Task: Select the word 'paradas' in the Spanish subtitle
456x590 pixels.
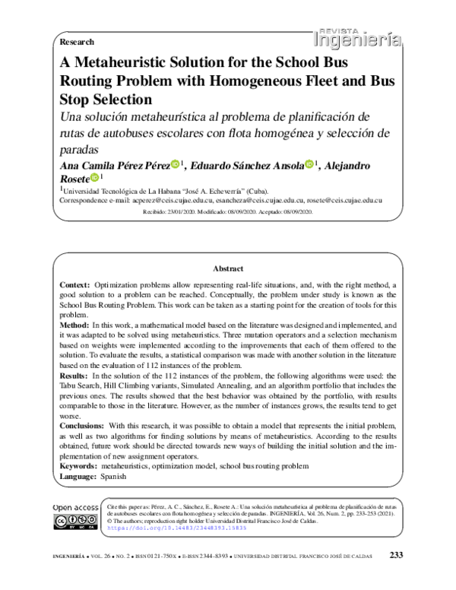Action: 80,148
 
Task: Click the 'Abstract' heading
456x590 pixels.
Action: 228,268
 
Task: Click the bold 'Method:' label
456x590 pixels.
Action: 74,325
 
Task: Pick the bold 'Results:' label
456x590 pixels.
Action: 74,376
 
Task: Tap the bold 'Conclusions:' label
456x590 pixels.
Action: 83,427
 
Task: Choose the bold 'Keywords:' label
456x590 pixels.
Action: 78,465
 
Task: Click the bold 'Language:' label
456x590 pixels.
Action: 78,475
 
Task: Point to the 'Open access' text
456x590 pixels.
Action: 75,506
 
